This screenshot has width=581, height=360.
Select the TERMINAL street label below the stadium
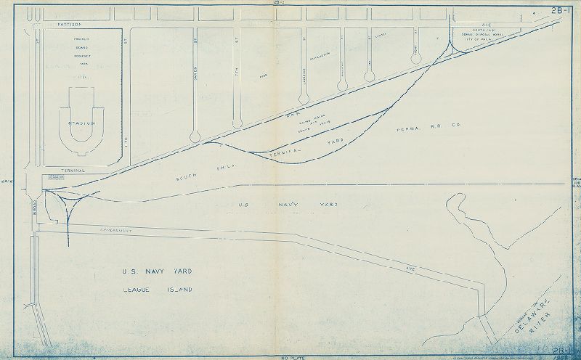pos(73,170)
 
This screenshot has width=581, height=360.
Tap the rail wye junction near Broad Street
pos(67,200)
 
